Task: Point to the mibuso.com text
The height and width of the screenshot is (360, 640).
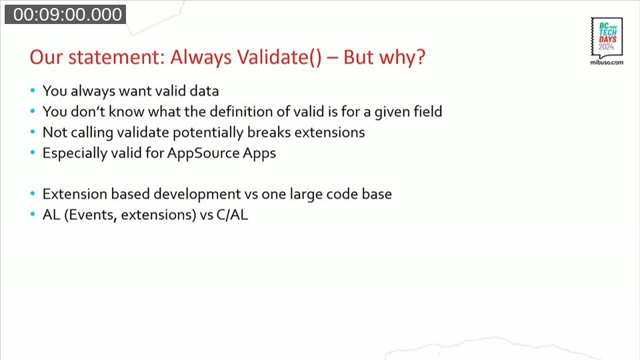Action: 607,62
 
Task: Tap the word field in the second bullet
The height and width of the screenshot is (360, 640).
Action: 427,111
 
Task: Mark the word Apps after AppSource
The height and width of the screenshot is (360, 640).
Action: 259,153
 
